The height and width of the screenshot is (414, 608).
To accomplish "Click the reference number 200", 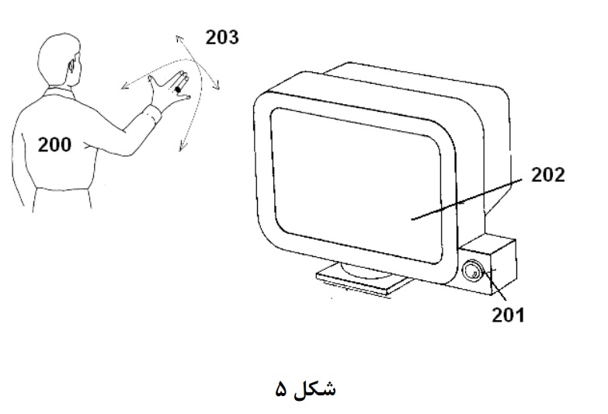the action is point(54,144).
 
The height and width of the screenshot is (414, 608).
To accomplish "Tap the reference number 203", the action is point(222,37).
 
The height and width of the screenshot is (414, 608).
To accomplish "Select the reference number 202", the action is point(547,175).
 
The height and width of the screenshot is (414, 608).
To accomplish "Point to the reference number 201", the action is point(508,315).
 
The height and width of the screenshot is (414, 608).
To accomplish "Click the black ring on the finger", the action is point(178,89).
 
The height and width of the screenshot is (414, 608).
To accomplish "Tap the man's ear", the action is point(71,65).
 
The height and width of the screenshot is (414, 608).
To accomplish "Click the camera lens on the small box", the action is point(472,270).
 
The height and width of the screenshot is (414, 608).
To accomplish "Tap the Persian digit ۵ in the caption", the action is point(281,390).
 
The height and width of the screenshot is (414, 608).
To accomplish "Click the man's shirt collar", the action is point(58,93).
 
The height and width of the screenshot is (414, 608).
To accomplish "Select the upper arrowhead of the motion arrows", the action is point(179,38).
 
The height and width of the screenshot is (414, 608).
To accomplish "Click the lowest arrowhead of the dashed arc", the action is point(182,147).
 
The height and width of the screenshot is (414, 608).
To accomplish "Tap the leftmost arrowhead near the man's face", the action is point(124,86).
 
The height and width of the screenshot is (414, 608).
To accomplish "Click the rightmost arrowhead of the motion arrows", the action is point(217,85).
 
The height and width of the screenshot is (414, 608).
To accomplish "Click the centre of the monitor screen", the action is point(356,186).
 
